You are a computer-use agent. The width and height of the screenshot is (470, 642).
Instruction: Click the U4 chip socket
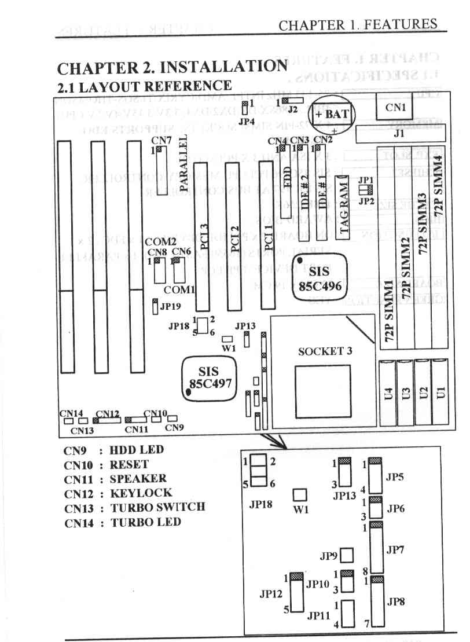(389, 393)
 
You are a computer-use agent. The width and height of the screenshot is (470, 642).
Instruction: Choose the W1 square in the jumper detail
(300, 495)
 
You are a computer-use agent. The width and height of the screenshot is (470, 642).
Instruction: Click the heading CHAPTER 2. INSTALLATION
(172, 67)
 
